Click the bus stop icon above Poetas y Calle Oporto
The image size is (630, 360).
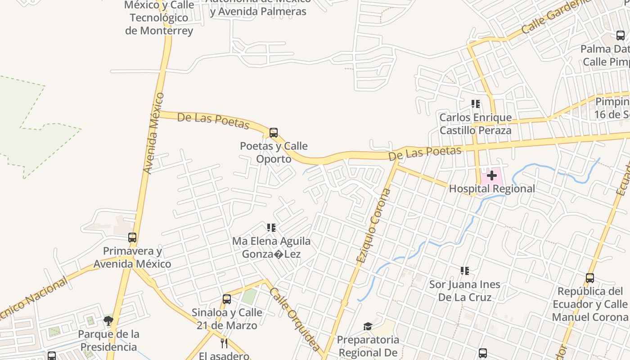(x=273, y=133)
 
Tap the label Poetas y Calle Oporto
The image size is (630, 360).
(x=274, y=153)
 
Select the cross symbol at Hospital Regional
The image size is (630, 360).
(x=491, y=175)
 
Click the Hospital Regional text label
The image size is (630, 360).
(x=492, y=189)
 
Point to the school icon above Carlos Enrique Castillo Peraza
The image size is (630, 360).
(x=476, y=104)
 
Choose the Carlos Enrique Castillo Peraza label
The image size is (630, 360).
(x=475, y=124)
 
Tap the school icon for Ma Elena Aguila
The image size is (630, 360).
(x=271, y=228)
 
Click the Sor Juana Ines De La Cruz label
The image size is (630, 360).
(x=464, y=291)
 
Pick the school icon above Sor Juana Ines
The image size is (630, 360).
(x=465, y=271)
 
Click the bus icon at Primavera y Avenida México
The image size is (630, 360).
(x=132, y=237)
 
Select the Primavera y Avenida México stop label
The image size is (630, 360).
(x=132, y=257)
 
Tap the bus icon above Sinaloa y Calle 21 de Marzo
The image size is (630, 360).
(x=227, y=299)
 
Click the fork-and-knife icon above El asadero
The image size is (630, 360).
(x=224, y=343)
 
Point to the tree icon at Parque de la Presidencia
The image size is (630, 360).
(x=108, y=321)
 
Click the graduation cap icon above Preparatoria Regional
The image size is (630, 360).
(x=368, y=326)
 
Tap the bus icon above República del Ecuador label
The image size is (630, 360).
(x=589, y=278)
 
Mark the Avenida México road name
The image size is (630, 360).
(x=154, y=133)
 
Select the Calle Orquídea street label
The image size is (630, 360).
(x=295, y=319)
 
